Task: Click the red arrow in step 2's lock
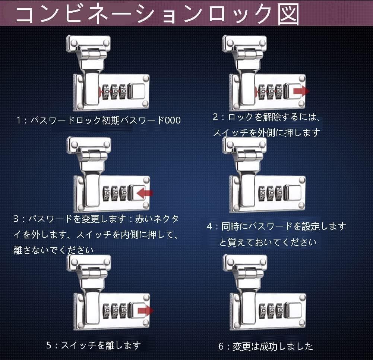point(301,91)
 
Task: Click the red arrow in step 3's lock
point(145,193)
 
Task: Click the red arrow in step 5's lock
point(146,310)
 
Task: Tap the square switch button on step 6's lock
point(294,310)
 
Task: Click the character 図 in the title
point(288,14)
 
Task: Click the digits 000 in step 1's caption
point(173,120)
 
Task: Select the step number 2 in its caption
point(215,117)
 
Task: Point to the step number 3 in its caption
point(16,219)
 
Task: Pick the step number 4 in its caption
point(209,226)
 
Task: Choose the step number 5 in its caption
point(49,345)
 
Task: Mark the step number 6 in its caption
point(221,346)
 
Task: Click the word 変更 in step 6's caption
point(241,347)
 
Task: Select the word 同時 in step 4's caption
point(230,226)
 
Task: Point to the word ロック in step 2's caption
point(240,117)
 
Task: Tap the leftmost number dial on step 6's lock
point(262,311)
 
